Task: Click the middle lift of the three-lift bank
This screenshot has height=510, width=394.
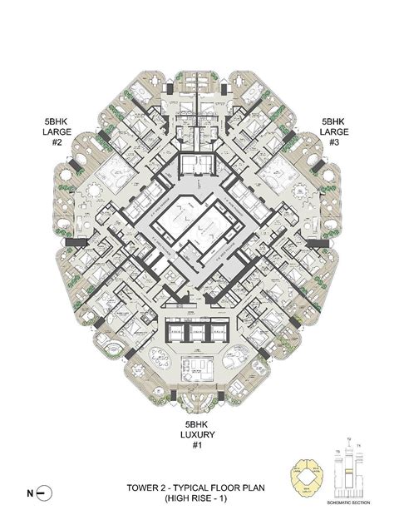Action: (197, 331)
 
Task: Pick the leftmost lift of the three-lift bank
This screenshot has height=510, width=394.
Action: (177, 331)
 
